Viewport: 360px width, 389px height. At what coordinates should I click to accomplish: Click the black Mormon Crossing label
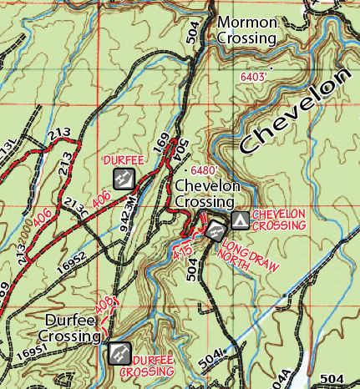pos(246,31)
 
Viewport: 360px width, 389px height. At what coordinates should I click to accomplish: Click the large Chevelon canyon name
pos(293,113)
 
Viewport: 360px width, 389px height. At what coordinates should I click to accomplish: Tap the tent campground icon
pos(240,220)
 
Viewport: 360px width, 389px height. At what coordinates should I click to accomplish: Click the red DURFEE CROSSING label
pos(152,364)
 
